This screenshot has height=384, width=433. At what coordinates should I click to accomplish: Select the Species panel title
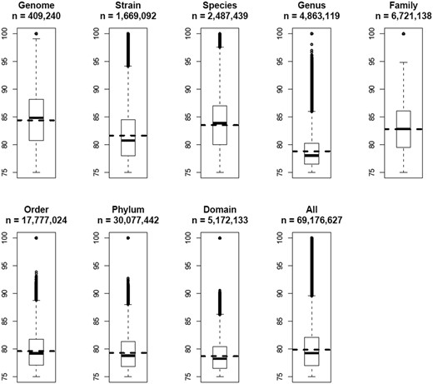(x=220, y=6)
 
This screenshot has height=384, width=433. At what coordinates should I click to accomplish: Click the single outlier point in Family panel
(x=403, y=33)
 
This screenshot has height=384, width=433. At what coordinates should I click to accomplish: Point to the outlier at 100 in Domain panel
(x=220, y=238)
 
